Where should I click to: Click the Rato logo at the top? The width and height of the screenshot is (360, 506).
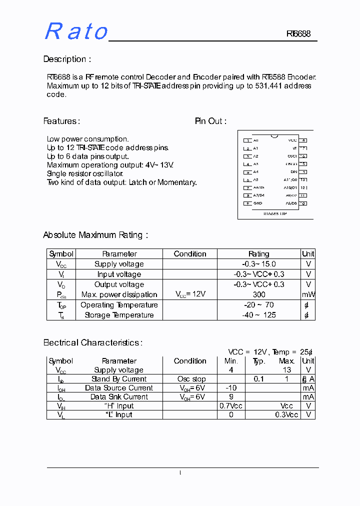[x=76, y=31]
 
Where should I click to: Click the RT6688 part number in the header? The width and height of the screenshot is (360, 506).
[x=298, y=34]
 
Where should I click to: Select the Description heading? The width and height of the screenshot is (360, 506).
[x=67, y=59]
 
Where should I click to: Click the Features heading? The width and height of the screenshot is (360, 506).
[x=61, y=121]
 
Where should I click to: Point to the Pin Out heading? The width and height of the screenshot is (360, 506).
[x=210, y=121]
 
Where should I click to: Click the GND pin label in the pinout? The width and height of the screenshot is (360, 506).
[x=257, y=203]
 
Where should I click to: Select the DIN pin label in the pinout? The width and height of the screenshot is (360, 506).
[x=293, y=171]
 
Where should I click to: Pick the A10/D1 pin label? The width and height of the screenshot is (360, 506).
[x=290, y=187]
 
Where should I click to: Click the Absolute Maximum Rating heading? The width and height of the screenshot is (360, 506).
[x=95, y=234]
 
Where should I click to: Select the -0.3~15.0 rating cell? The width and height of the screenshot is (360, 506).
[x=258, y=264]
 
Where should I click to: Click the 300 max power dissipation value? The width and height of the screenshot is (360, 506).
[x=258, y=294]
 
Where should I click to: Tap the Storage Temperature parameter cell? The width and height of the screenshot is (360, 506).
[x=119, y=315]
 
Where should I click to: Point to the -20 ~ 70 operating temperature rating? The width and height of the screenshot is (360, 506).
[x=258, y=305]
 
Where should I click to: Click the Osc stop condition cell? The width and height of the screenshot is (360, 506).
[x=191, y=379]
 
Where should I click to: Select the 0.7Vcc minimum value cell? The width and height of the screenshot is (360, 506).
[x=231, y=406]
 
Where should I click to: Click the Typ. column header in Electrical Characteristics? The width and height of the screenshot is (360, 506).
[x=258, y=361]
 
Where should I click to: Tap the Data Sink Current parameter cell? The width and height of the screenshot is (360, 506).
[x=119, y=397]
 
